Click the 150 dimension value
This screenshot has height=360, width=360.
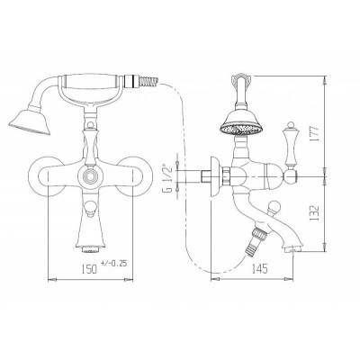click(89, 269)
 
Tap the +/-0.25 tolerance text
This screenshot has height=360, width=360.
click(114, 264)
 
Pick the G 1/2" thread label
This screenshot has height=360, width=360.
click(169, 178)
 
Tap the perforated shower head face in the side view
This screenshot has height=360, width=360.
click(241, 130)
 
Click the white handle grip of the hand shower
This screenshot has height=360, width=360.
click(91, 81)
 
